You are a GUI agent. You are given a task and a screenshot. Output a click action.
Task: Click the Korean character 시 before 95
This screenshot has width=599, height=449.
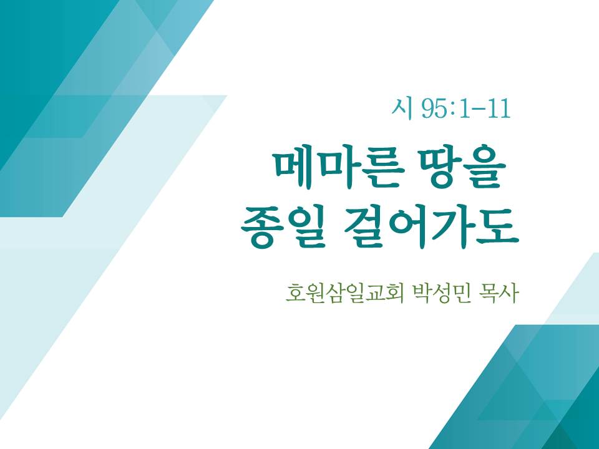point(402,109)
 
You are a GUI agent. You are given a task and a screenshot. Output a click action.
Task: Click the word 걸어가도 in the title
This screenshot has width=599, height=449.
point(431,227)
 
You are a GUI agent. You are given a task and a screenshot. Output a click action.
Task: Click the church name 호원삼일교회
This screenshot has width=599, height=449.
point(344,294)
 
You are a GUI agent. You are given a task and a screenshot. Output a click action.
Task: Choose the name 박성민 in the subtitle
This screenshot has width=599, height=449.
point(441,294)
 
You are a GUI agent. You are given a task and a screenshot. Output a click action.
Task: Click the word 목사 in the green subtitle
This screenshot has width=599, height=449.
point(499,294)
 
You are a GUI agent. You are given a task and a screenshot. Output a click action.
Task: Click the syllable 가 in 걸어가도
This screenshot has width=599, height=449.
point(455,227)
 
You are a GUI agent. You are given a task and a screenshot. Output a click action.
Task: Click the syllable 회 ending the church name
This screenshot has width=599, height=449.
point(394,294)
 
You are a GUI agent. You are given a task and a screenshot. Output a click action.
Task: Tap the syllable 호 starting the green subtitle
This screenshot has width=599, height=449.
point(296,294)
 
